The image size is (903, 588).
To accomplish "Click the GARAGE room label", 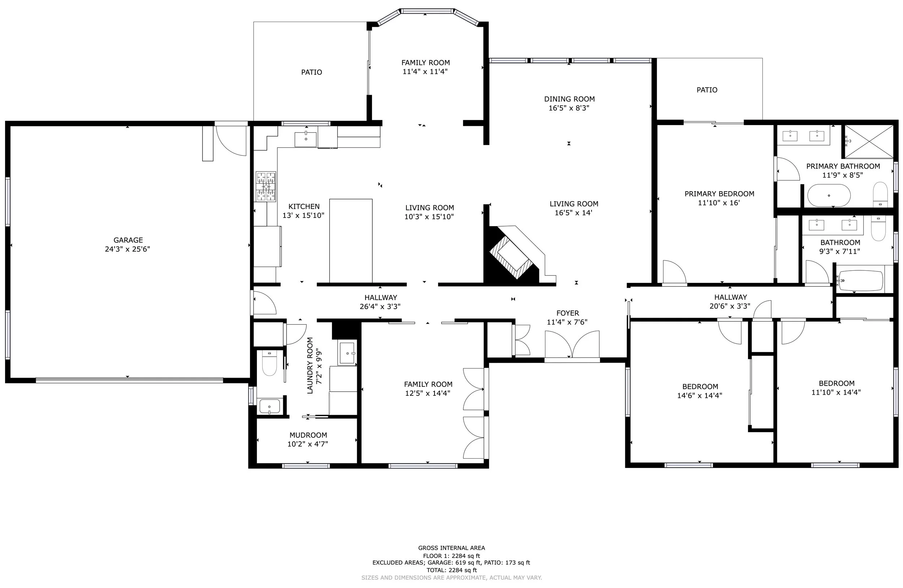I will (128, 240).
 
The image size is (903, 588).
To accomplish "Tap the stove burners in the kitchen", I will (265, 186).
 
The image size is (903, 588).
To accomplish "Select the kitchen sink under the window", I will (306, 139).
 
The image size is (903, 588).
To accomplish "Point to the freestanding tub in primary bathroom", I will (829, 196).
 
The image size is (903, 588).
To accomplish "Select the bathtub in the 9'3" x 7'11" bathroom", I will (860, 280).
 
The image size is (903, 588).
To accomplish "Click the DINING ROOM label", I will (569, 99).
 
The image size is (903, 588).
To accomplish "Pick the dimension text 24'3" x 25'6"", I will (128, 249).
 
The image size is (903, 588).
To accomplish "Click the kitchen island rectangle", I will (351, 241).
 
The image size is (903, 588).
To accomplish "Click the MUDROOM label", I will (308, 435).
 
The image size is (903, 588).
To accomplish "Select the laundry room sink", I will (347, 353).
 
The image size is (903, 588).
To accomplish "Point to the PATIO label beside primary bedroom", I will (707, 90).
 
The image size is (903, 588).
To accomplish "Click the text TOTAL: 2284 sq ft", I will (451, 570).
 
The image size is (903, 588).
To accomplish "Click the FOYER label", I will (567, 313).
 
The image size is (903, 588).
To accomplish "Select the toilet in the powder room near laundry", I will (269, 364).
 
